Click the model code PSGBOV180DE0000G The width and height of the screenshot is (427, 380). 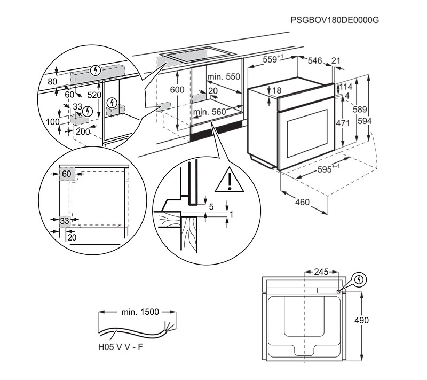click(335, 20)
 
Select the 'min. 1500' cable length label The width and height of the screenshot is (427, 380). click(139, 312)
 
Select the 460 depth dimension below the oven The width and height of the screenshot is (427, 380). click(303, 202)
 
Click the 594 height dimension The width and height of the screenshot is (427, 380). click(365, 121)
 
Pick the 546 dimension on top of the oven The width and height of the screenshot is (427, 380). click(315, 61)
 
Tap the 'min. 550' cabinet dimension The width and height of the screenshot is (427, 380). click(225, 76)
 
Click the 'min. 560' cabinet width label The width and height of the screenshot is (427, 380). click(209, 112)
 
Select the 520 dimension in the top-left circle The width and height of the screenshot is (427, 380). click(94, 95)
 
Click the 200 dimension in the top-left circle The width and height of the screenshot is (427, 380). click(82, 131)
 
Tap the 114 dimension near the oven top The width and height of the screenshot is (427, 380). click(346, 87)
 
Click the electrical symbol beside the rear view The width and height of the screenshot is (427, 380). click(360, 280)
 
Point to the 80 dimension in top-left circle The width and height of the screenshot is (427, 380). click(52, 82)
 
